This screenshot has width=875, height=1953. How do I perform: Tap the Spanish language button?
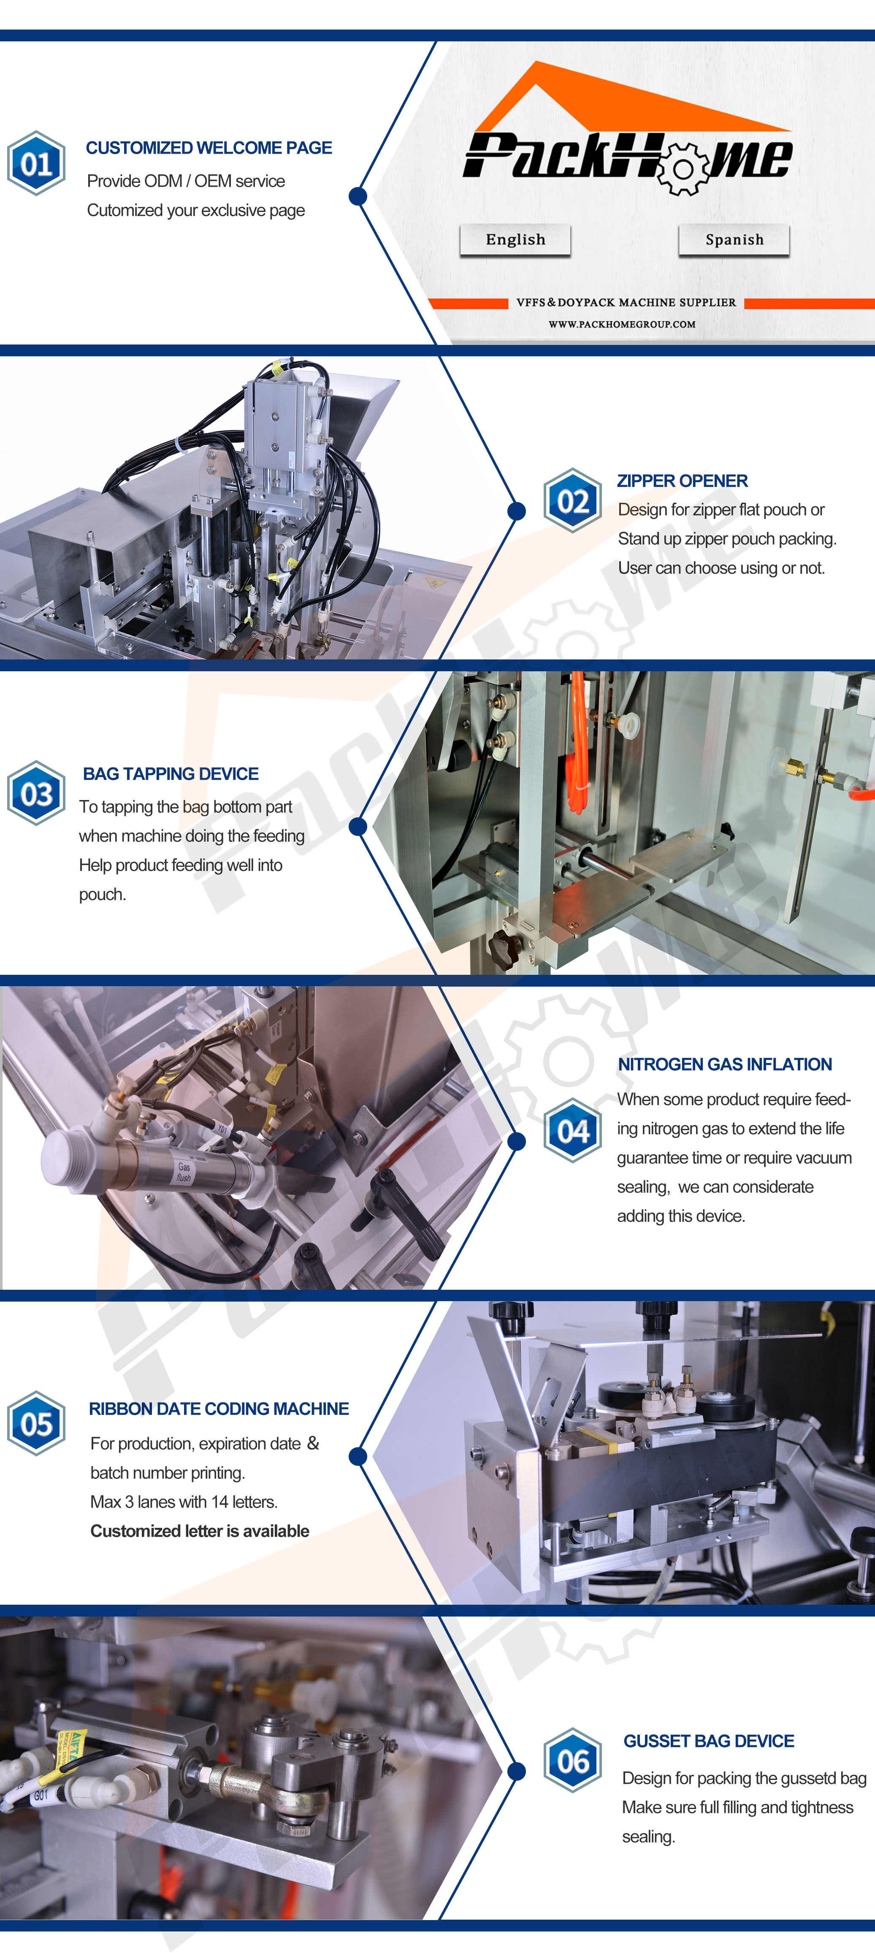734,239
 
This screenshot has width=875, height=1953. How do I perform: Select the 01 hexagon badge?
35,163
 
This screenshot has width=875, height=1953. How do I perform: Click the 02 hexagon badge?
572,500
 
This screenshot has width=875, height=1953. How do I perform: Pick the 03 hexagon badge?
35,793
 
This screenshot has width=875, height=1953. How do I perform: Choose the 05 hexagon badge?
35,1423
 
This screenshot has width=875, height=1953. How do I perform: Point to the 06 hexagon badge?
572,1760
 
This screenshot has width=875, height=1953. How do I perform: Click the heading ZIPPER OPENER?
683,481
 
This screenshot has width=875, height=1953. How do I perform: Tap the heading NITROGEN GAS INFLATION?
725,1064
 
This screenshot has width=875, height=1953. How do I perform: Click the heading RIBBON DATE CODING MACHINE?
218,1409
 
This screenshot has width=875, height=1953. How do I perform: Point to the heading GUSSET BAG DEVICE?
709,1741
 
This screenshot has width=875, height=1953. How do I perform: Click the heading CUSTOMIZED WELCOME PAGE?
209,148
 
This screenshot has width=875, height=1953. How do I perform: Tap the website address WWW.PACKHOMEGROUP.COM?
622,325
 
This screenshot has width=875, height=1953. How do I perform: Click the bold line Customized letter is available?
199,1531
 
